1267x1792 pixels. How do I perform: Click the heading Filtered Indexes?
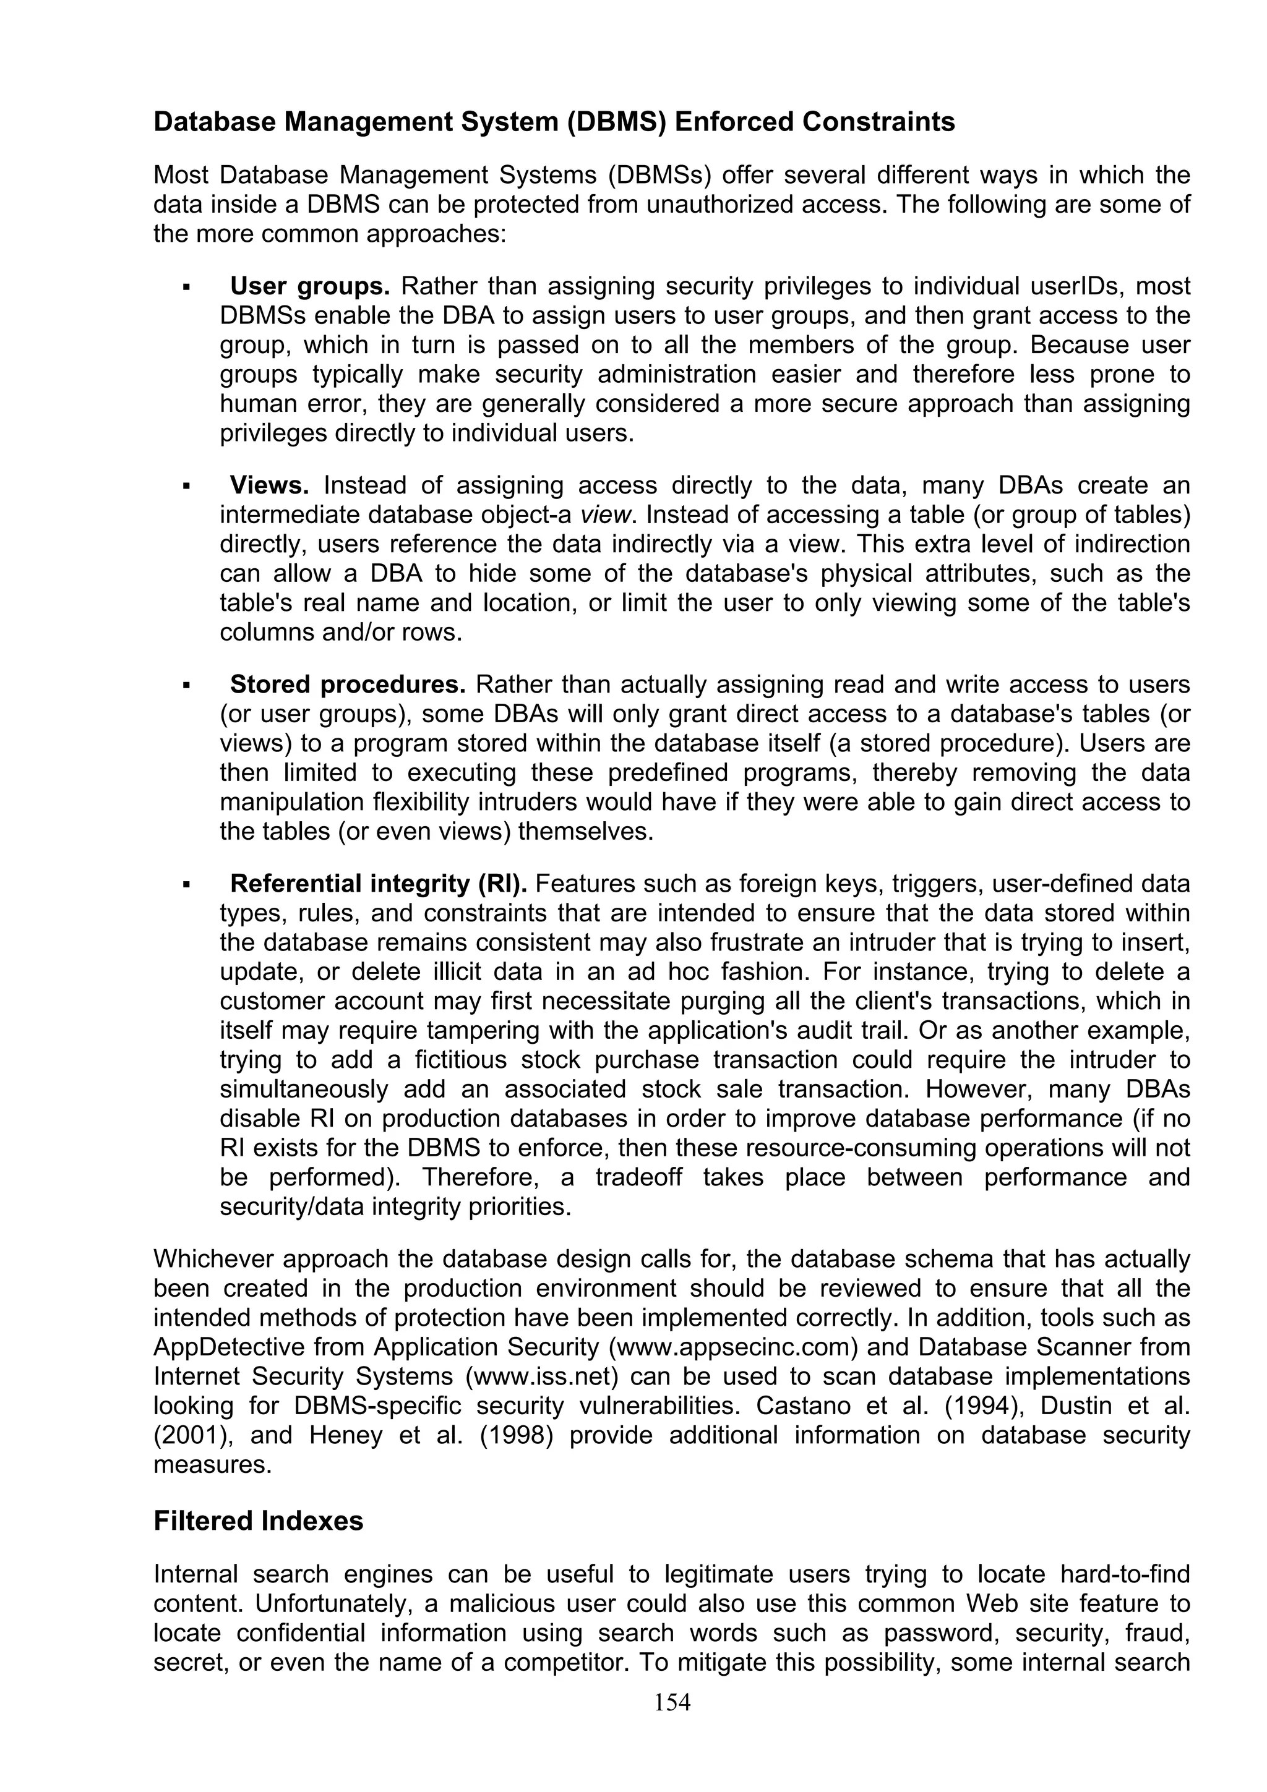[259, 1521]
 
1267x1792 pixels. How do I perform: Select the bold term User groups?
[309, 286]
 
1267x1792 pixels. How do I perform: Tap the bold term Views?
[269, 485]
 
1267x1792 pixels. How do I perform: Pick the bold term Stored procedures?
[348, 685]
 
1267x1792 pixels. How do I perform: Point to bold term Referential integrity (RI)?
[379, 884]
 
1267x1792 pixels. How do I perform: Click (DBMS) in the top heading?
[616, 122]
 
